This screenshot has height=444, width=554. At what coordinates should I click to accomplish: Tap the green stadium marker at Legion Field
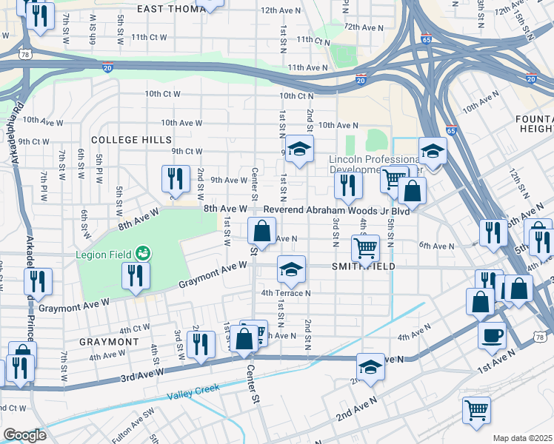pyautogui.click(x=144, y=254)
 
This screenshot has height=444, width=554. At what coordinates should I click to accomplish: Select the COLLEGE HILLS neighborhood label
pyautogui.click(x=131, y=139)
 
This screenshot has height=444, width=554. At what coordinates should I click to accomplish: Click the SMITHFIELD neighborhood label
pyautogui.click(x=364, y=266)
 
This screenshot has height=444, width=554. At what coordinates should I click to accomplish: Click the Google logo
pyautogui.click(x=24, y=434)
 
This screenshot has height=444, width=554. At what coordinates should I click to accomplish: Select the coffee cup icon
pyautogui.click(x=492, y=334)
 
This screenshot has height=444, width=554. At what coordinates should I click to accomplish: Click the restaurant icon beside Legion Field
pyautogui.click(x=137, y=275)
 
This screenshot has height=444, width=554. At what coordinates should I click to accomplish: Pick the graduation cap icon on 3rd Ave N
pyautogui.click(x=370, y=366)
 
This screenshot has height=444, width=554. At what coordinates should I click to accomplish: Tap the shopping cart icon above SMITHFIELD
pyautogui.click(x=365, y=247)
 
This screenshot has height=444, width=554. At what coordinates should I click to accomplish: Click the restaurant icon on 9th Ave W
pyautogui.click(x=175, y=178)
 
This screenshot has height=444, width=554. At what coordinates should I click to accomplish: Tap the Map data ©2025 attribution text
pyautogui.click(x=522, y=438)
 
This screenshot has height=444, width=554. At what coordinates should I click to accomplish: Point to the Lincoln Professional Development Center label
pyautogui.click(x=374, y=165)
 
